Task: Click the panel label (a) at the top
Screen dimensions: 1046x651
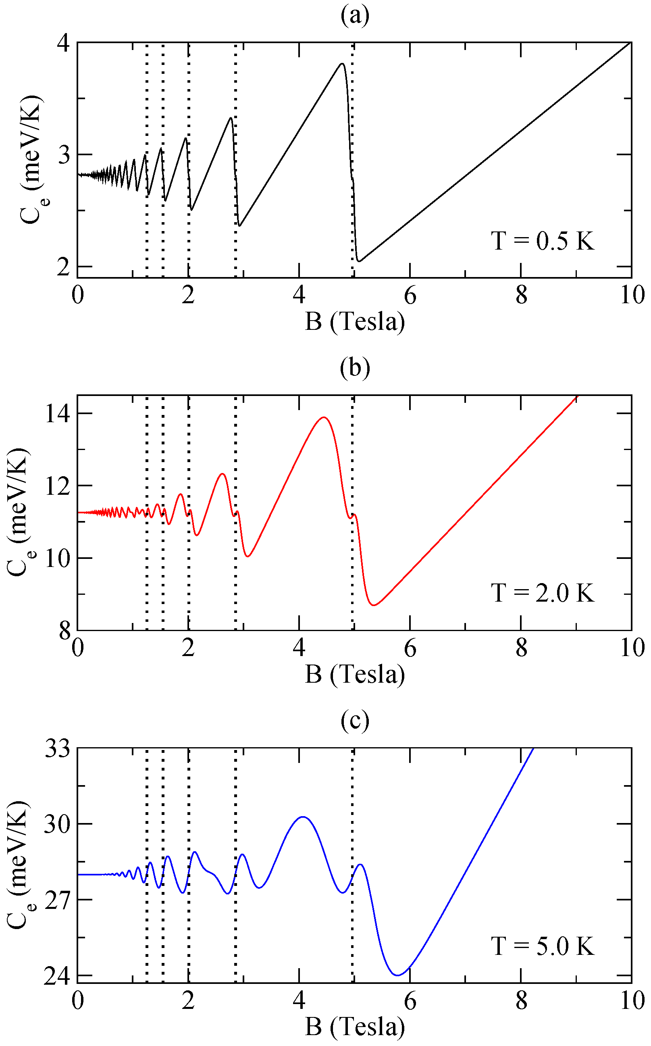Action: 355,17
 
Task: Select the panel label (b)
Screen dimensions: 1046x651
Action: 355,369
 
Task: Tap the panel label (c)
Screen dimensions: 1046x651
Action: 355,721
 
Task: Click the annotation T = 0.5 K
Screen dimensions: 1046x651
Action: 543,241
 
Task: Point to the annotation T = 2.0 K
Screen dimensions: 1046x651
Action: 543,593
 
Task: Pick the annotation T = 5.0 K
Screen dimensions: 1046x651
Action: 543,946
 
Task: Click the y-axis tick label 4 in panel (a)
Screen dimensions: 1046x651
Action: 63,43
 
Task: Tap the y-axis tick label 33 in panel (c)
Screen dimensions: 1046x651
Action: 58,749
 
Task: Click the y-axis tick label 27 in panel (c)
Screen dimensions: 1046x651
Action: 58,900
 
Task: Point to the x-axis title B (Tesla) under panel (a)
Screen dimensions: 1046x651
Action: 355,322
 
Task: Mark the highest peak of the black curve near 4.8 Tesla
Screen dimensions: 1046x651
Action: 342,64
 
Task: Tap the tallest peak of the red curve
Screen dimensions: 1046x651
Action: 323,417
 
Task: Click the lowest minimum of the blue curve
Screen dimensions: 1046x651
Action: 398,975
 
